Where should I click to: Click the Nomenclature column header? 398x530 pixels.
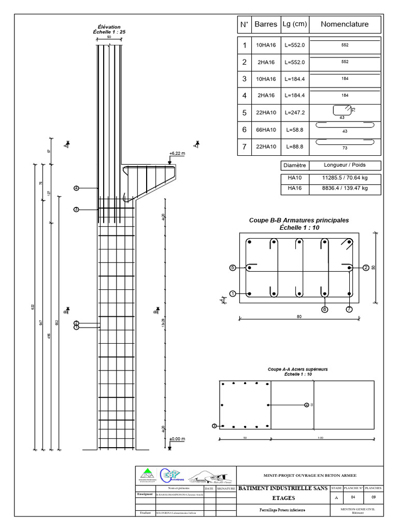(x=345, y=24)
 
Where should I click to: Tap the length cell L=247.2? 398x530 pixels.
(x=295, y=112)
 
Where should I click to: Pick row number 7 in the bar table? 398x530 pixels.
(x=244, y=146)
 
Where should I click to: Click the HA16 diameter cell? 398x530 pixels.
(x=294, y=189)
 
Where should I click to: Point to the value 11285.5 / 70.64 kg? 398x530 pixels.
(x=345, y=178)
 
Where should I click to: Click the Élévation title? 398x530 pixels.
(x=109, y=26)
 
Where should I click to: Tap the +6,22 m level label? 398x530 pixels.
(x=177, y=153)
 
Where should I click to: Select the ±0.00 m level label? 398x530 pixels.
(x=177, y=439)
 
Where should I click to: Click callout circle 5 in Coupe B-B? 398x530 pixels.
(x=233, y=268)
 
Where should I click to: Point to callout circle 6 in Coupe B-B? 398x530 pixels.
(x=325, y=309)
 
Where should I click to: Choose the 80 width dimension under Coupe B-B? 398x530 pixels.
(x=299, y=317)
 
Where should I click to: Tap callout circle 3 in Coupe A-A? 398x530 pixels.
(x=215, y=426)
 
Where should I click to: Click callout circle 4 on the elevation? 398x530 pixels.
(x=76, y=188)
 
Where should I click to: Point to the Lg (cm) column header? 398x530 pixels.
(x=295, y=24)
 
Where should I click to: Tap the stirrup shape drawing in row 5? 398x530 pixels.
(x=340, y=110)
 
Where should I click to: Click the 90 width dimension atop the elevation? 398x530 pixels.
(x=109, y=38)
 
